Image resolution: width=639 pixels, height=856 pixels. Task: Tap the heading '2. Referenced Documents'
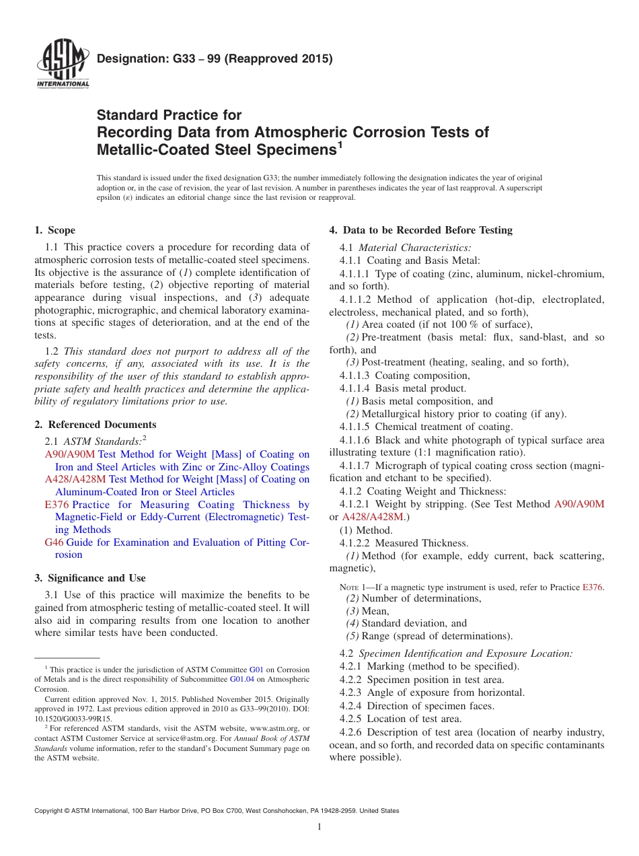(x=96, y=425)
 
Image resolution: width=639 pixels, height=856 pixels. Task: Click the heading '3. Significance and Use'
(x=90, y=578)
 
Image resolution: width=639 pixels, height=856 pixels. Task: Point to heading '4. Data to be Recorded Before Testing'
(x=420, y=230)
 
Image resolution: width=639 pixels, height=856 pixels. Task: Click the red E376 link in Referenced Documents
(x=57, y=505)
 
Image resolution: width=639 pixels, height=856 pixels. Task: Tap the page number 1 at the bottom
(x=319, y=827)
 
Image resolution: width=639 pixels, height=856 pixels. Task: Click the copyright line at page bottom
(x=217, y=811)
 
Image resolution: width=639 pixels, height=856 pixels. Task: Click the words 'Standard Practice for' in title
(x=170, y=115)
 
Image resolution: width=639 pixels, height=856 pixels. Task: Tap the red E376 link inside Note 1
(x=592, y=587)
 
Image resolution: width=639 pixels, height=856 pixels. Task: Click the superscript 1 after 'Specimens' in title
(x=340, y=144)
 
